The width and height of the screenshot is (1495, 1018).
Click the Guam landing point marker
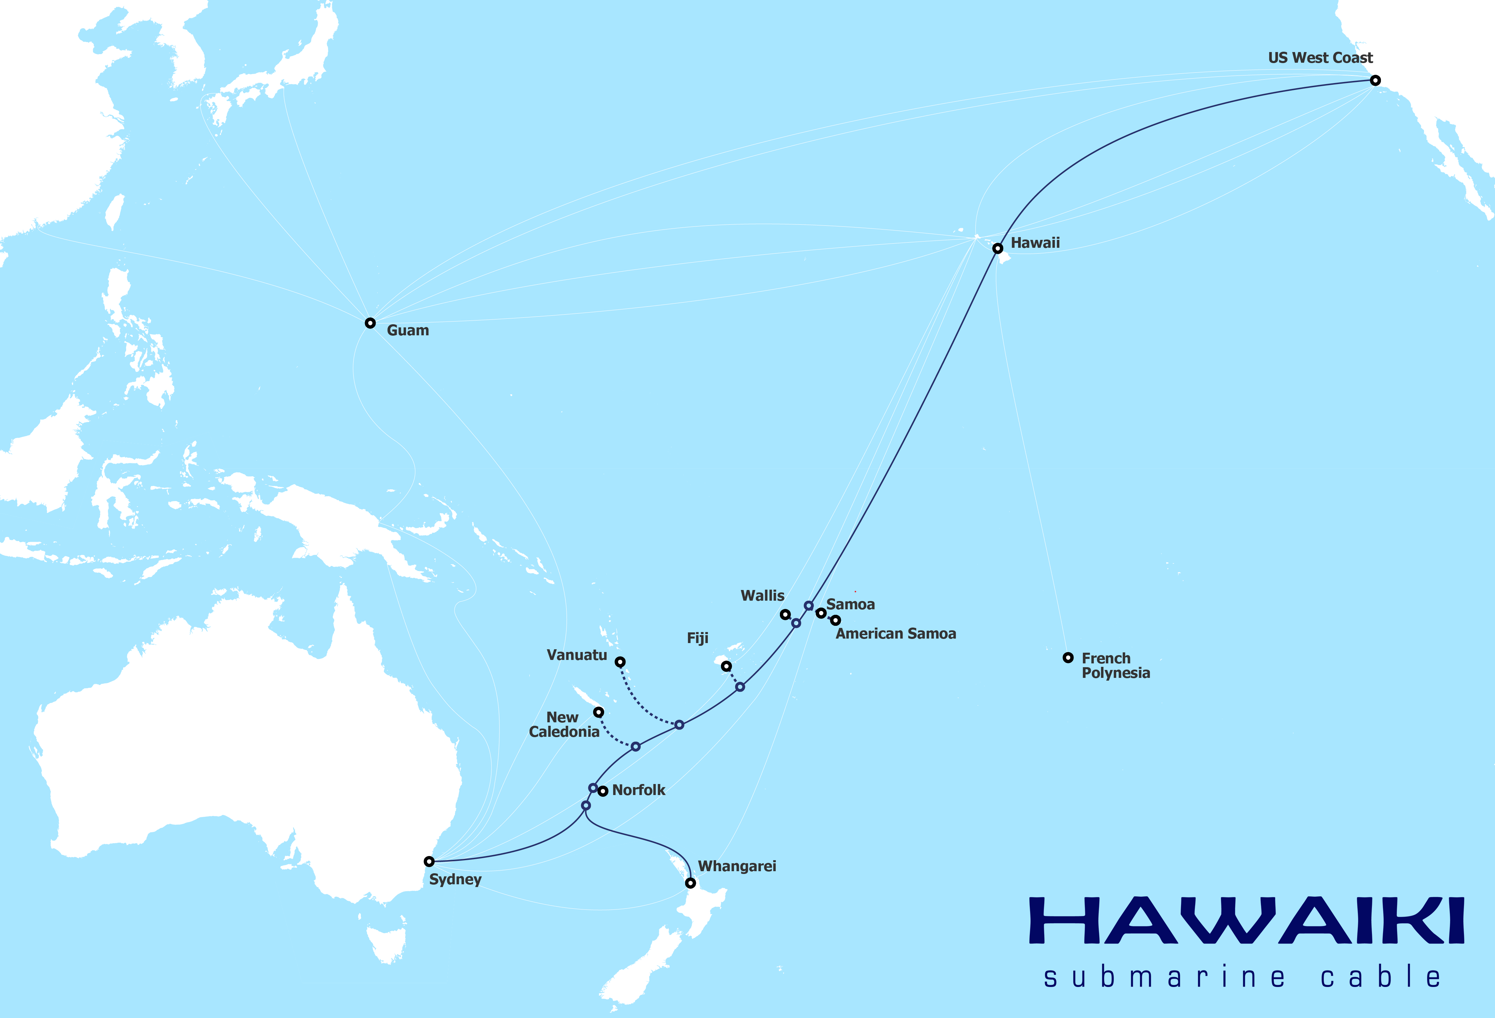(370, 323)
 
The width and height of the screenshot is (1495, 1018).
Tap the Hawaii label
(1035, 243)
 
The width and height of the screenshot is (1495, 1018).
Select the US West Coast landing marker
(1375, 80)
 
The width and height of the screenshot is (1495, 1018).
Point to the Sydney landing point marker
(429, 861)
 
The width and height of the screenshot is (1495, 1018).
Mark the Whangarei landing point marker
(690, 883)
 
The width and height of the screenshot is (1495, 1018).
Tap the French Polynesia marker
(1068, 657)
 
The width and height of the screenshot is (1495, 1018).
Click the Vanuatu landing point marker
(620, 662)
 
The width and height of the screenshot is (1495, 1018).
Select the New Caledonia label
(563, 725)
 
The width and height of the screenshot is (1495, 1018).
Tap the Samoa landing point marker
(821, 613)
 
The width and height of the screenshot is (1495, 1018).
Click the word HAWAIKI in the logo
(1247, 921)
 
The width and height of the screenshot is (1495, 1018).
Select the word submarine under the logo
(1165, 977)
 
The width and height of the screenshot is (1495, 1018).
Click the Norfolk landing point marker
(603, 791)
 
